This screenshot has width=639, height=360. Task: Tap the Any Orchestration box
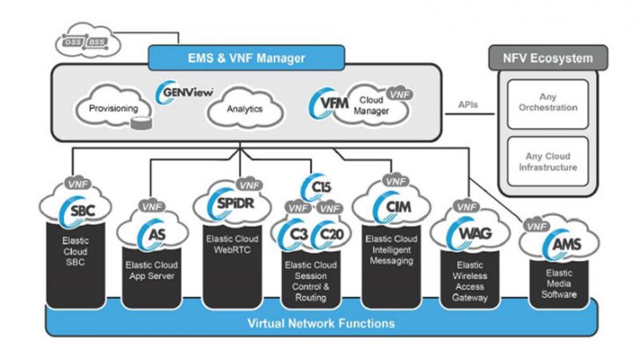[x=546, y=102]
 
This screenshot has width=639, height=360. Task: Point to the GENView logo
[x=180, y=91]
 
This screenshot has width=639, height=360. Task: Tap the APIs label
[x=469, y=104]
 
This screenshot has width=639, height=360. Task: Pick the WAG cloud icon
[x=464, y=233]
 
